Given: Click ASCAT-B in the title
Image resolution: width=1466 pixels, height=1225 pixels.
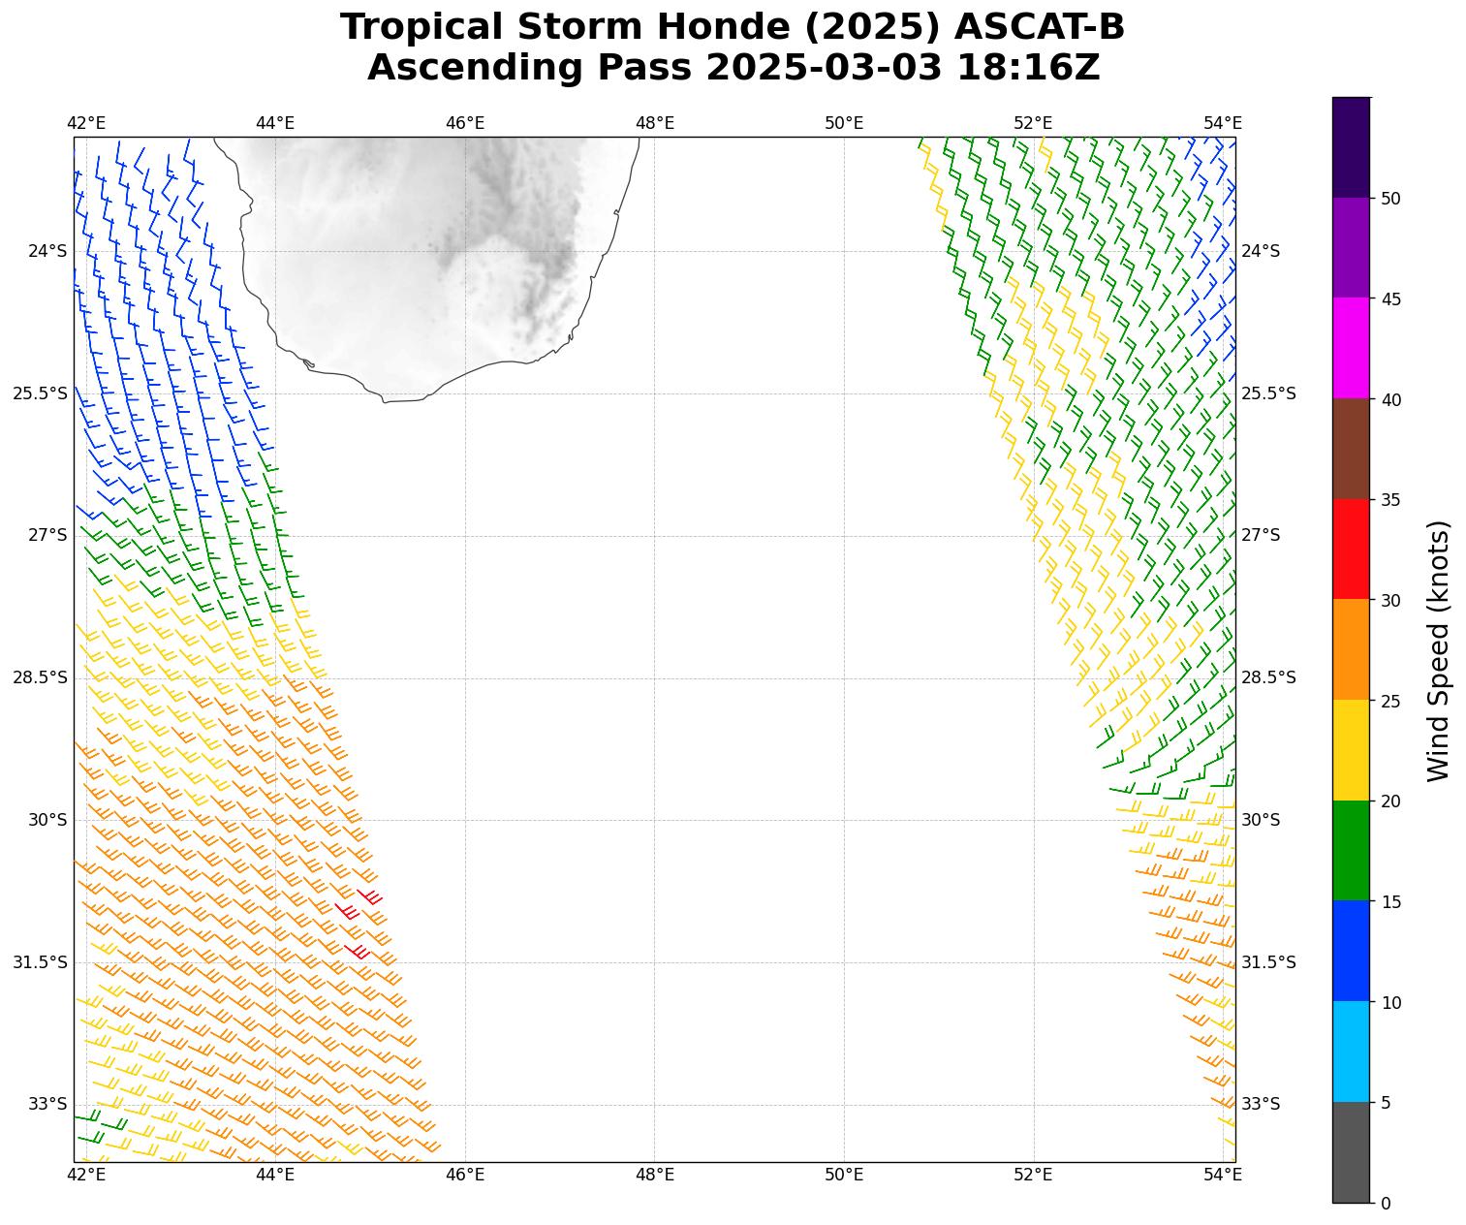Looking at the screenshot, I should coord(1039,27).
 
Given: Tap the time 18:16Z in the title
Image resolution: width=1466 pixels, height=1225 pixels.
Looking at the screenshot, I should coord(1028,68).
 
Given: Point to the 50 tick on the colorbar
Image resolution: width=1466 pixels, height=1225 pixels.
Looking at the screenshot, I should coord(1390,199).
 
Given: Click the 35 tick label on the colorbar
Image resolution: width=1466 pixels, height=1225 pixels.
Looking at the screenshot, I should coord(1390,500).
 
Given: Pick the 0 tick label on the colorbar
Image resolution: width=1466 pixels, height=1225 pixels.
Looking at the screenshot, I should coord(1386,1203).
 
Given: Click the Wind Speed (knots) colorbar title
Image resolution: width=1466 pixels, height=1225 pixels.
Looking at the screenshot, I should coord(1439,650).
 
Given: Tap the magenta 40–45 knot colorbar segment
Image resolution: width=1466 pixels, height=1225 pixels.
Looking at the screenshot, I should coord(1351,348).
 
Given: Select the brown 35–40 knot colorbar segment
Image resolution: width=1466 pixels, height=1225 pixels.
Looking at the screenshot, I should coord(1351,449).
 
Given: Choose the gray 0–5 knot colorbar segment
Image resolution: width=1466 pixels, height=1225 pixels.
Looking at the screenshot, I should coord(1351,1152).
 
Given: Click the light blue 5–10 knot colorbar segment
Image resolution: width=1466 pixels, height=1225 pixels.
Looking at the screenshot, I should coord(1351,1052).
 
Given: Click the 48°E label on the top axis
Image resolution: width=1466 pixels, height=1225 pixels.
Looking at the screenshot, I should coord(654,123).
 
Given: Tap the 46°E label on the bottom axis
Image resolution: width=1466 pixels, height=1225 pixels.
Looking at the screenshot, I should coord(465,1176).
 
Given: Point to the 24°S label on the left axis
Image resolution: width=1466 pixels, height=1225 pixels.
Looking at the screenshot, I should coord(47,251).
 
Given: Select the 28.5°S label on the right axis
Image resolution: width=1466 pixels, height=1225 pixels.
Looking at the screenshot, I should coord(1267,677).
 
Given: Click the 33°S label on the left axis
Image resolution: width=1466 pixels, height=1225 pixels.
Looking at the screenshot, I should coord(47,1104).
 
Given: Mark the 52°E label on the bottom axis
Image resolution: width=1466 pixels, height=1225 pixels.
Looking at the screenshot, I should coord(1033,1176).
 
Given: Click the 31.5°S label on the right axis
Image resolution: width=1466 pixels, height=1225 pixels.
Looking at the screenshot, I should coord(1267,962).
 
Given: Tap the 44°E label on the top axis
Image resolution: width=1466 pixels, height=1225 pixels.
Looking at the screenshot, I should coord(275,123).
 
